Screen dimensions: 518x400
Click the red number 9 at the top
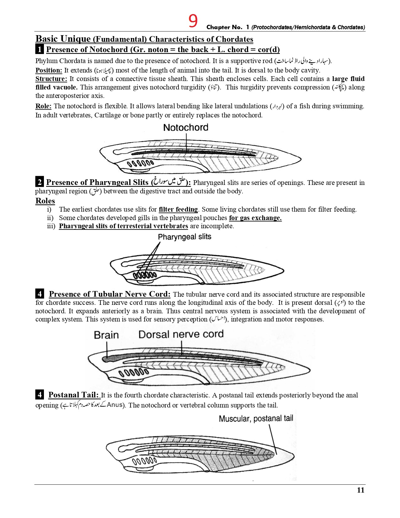click(193, 21)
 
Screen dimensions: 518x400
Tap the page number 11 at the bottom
click(360, 490)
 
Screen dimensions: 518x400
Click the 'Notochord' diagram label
click(186, 127)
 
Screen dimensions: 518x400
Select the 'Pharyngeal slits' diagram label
click(184, 237)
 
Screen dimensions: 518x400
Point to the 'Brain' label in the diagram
click(106, 335)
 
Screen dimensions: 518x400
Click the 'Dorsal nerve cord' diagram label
click(181, 334)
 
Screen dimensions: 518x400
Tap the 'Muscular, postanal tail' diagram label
click(256, 418)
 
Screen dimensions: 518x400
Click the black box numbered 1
click(40, 49)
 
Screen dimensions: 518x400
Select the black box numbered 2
click(40, 182)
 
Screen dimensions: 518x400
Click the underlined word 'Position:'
click(49, 70)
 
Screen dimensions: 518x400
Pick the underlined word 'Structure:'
click(51, 79)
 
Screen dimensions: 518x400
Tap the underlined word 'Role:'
click(44, 106)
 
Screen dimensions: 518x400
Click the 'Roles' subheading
click(45, 201)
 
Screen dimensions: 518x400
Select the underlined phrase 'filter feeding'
click(178, 209)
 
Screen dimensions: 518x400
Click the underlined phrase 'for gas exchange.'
click(255, 218)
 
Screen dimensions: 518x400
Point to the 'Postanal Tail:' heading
click(73, 395)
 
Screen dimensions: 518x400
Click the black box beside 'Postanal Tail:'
click(40, 395)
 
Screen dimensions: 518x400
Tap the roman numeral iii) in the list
click(51, 226)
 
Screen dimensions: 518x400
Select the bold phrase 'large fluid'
click(348, 79)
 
